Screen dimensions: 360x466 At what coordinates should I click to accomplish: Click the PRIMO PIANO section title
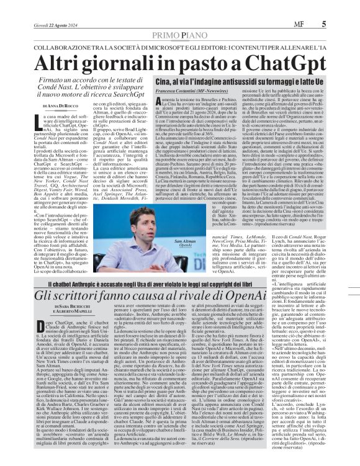point(179,36)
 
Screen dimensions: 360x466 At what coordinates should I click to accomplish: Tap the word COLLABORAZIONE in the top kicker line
point(63,48)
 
